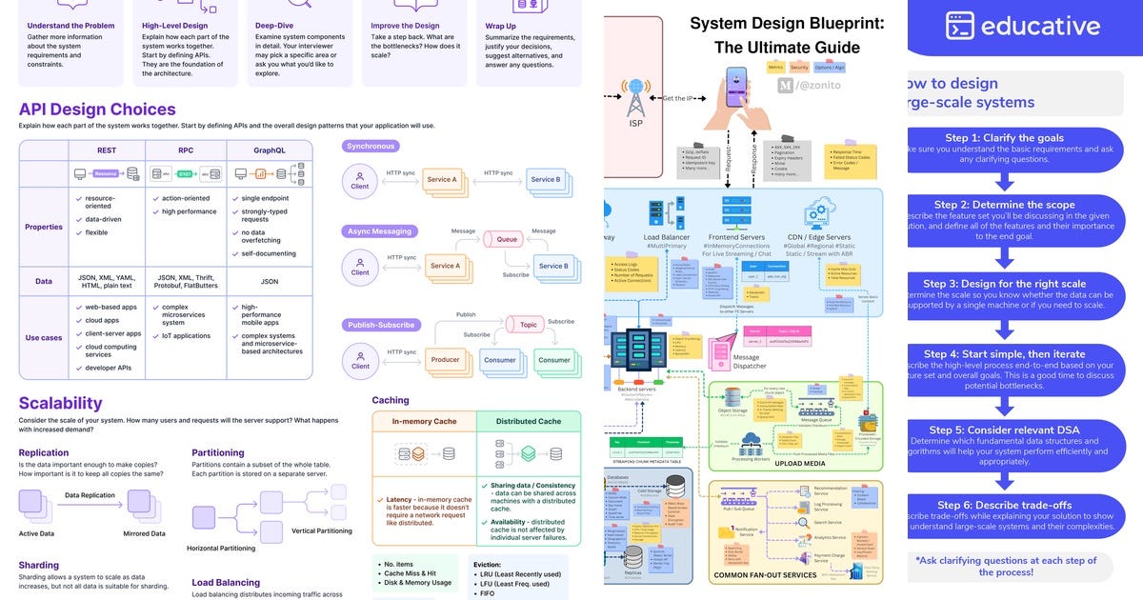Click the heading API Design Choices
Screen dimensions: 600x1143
coord(97,110)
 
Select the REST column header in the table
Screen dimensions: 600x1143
coord(107,150)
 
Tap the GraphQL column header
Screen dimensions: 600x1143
coord(270,150)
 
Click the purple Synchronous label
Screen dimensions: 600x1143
coord(371,147)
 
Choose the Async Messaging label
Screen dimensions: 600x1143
coord(380,231)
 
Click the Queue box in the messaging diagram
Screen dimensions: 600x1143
coord(507,240)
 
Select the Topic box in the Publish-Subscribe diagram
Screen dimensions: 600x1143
coord(529,325)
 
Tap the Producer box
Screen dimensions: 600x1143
coord(445,360)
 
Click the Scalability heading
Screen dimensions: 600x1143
coord(60,403)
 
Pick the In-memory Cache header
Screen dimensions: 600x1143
coord(424,422)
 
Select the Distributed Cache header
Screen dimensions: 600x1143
coord(529,422)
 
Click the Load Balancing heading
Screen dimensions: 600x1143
coord(226,582)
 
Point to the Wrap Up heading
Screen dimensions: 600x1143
coord(502,26)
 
